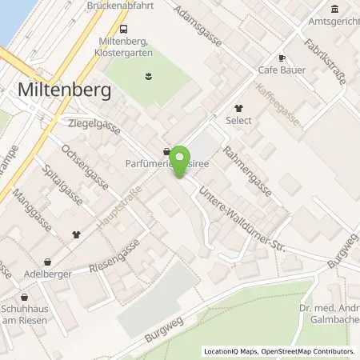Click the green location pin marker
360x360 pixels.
click(182, 161)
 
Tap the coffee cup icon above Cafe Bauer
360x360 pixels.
click(281, 58)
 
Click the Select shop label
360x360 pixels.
click(238, 120)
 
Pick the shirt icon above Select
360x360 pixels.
click(238, 107)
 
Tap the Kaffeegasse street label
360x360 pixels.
click(278, 106)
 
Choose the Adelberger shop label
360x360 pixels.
click(47, 274)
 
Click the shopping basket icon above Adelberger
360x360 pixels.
click(47, 261)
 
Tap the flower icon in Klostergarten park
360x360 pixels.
click(147, 77)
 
